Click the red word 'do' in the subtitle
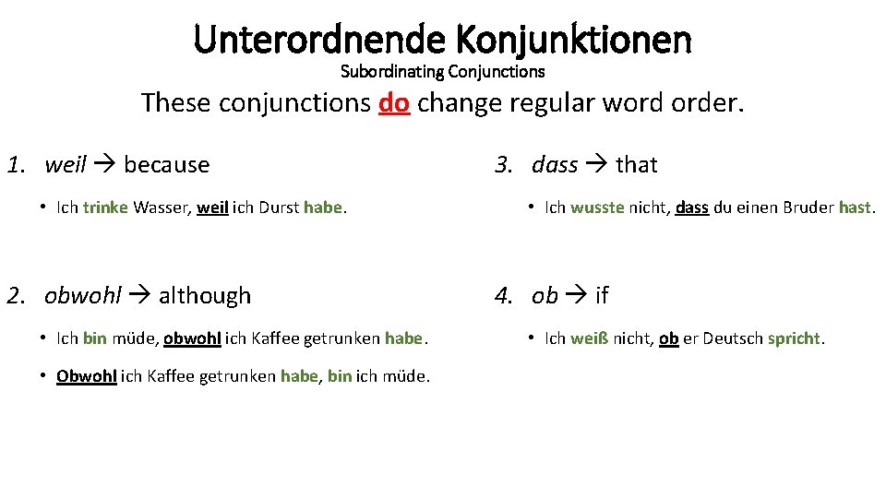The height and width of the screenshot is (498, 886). point(394,102)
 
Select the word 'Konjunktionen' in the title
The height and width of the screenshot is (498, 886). point(573,40)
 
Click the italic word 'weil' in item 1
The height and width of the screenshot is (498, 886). point(65,165)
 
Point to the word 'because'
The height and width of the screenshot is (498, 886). point(166,165)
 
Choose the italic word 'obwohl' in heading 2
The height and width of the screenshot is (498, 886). point(83,296)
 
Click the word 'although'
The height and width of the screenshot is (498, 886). point(205,296)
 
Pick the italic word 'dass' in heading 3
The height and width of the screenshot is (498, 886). point(555,165)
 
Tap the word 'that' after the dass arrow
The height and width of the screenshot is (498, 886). point(636,165)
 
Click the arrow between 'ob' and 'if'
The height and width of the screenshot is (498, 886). point(577,296)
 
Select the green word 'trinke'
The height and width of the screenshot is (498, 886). point(105,207)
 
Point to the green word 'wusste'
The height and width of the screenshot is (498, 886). point(597,207)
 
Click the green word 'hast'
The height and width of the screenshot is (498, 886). point(855,207)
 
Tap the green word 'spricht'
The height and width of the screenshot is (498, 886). point(794,338)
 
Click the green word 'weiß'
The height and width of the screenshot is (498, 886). point(588,338)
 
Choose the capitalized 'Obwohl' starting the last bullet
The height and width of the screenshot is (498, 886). point(86,376)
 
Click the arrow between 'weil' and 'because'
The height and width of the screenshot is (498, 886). point(104,165)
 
